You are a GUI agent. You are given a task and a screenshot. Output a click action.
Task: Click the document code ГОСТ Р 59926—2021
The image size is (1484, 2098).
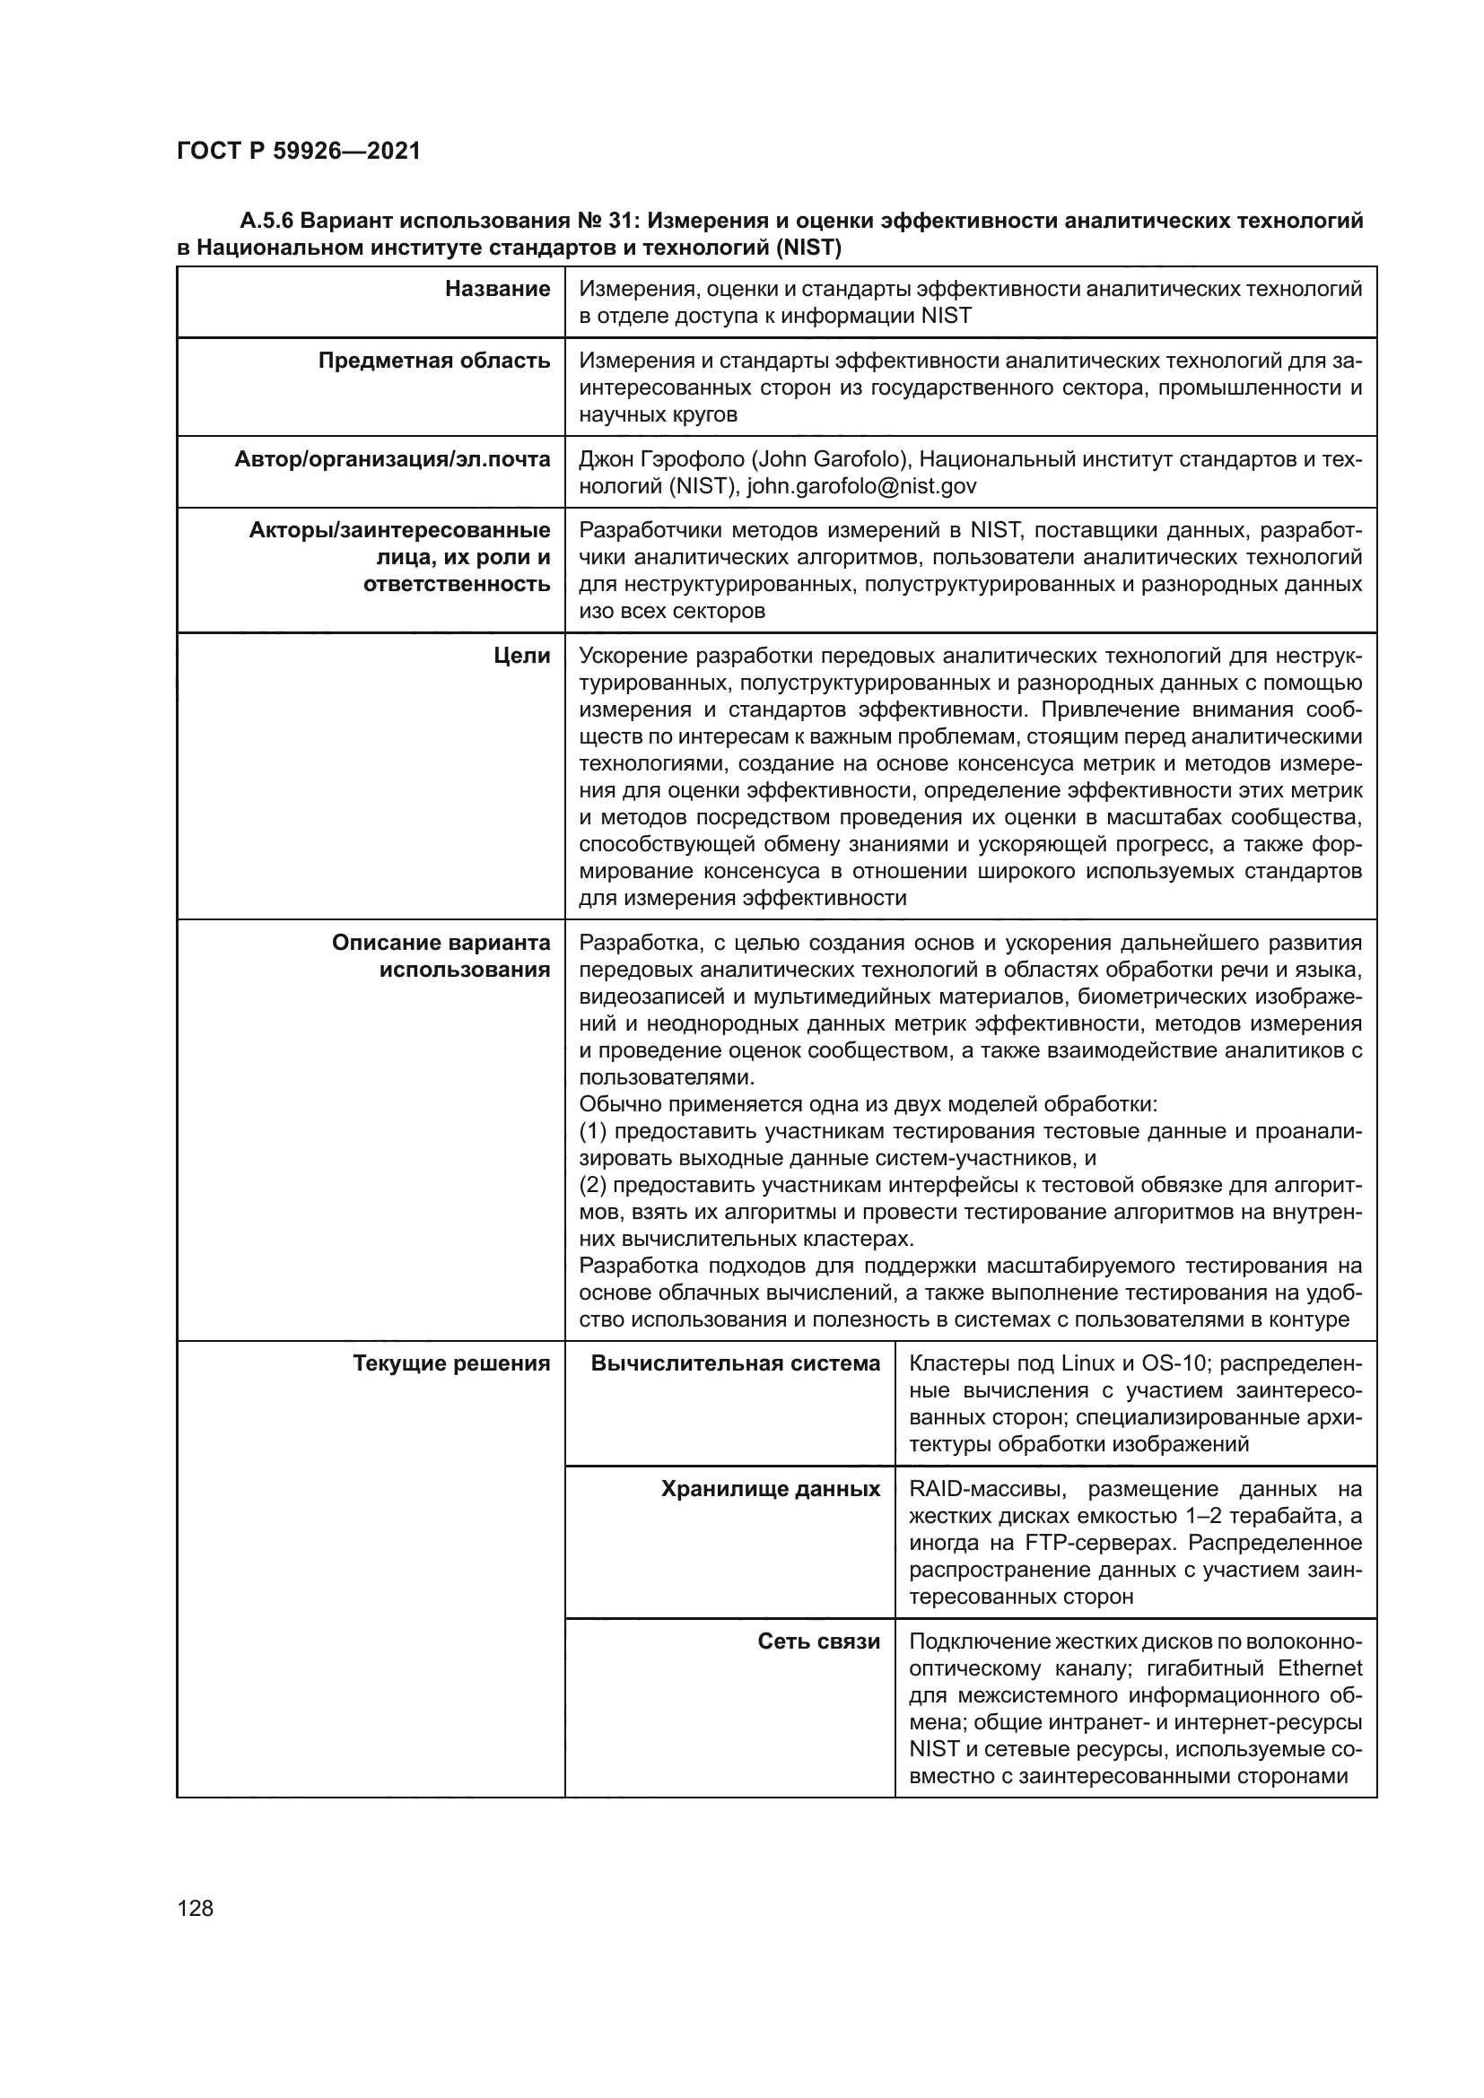point(299,152)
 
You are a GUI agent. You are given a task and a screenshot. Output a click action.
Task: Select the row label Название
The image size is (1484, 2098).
point(497,290)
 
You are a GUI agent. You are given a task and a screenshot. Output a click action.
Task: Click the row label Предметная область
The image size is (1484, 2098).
point(434,361)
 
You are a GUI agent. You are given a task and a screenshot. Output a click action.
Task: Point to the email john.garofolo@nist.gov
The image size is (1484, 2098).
point(861,486)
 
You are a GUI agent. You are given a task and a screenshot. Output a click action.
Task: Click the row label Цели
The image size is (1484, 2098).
point(522,656)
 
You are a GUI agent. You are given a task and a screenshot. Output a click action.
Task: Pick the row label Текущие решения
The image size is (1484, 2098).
point(451,1364)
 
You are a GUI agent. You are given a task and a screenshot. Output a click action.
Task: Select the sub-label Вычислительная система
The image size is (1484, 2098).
point(735,1364)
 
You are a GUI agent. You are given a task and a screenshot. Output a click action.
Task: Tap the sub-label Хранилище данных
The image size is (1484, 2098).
point(771,1490)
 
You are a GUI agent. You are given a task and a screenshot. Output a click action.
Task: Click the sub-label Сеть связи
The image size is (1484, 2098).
point(819,1642)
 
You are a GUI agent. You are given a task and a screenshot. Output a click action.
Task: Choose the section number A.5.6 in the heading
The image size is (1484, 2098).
point(266,222)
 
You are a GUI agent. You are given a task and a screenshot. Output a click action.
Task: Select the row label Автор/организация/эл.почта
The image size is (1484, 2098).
point(392,459)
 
